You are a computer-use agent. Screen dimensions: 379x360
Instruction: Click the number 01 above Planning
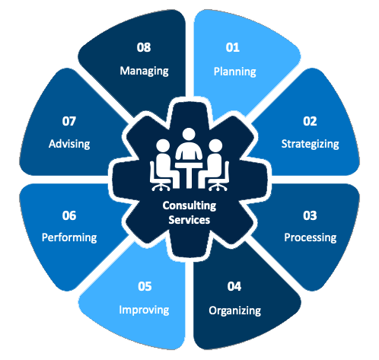[233, 47]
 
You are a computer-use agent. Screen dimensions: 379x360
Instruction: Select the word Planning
[235, 72]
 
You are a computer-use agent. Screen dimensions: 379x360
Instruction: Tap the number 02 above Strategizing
[310, 121]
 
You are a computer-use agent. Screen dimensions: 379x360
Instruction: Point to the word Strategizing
[311, 144]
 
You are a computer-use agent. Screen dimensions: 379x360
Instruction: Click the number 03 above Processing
[310, 215]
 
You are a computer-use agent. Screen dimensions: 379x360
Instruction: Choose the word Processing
[311, 237]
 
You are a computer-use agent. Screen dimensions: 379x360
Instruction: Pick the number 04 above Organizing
[234, 286]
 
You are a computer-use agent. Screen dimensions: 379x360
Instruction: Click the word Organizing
[235, 311]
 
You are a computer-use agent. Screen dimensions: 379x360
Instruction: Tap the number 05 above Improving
[145, 286]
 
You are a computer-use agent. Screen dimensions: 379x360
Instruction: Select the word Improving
[144, 310]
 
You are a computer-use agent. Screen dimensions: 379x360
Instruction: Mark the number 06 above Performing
[69, 215]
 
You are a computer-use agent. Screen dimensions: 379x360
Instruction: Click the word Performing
[69, 237]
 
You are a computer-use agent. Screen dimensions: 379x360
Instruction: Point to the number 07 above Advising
[69, 121]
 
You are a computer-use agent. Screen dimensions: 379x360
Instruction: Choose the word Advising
[69, 144]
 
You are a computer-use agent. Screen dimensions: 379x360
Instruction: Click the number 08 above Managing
[144, 47]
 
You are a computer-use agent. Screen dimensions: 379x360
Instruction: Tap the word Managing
[144, 71]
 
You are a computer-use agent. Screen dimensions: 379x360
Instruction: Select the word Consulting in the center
[189, 205]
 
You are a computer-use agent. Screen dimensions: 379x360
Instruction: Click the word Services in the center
[189, 220]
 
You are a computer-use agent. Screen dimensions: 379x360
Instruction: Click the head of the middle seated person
[189, 135]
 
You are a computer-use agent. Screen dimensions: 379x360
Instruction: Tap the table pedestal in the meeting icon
[189, 178]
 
